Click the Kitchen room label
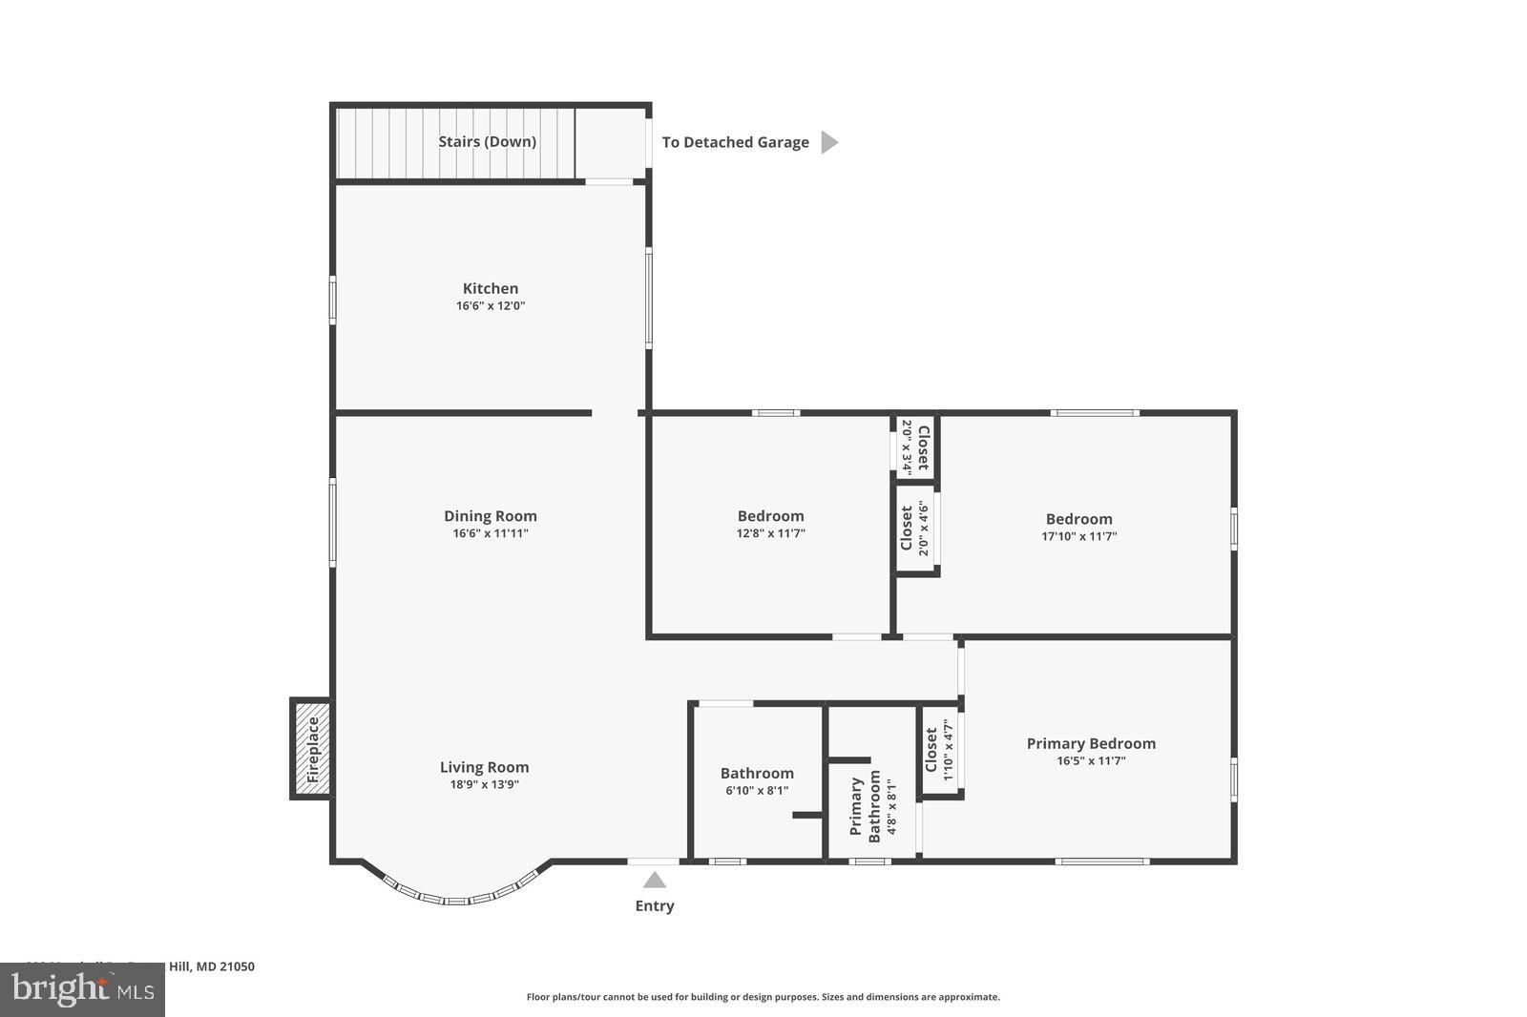tap(491, 288)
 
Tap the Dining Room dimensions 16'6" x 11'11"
tap(491, 533)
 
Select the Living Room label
tap(484, 767)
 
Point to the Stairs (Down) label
tap(487, 142)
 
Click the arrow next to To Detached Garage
tap(829, 142)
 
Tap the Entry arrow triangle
tap(655, 880)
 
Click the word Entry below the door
tap(655, 906)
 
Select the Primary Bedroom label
tap(1091, 743)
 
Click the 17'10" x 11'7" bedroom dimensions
tap(1078, 536)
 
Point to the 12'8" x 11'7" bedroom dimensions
tap(770, 533)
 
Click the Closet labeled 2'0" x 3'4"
tap(915, 447)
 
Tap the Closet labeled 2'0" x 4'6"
tap(914, 529)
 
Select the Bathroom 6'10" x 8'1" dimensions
tap(757, 791)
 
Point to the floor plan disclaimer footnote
tap(763, 997)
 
